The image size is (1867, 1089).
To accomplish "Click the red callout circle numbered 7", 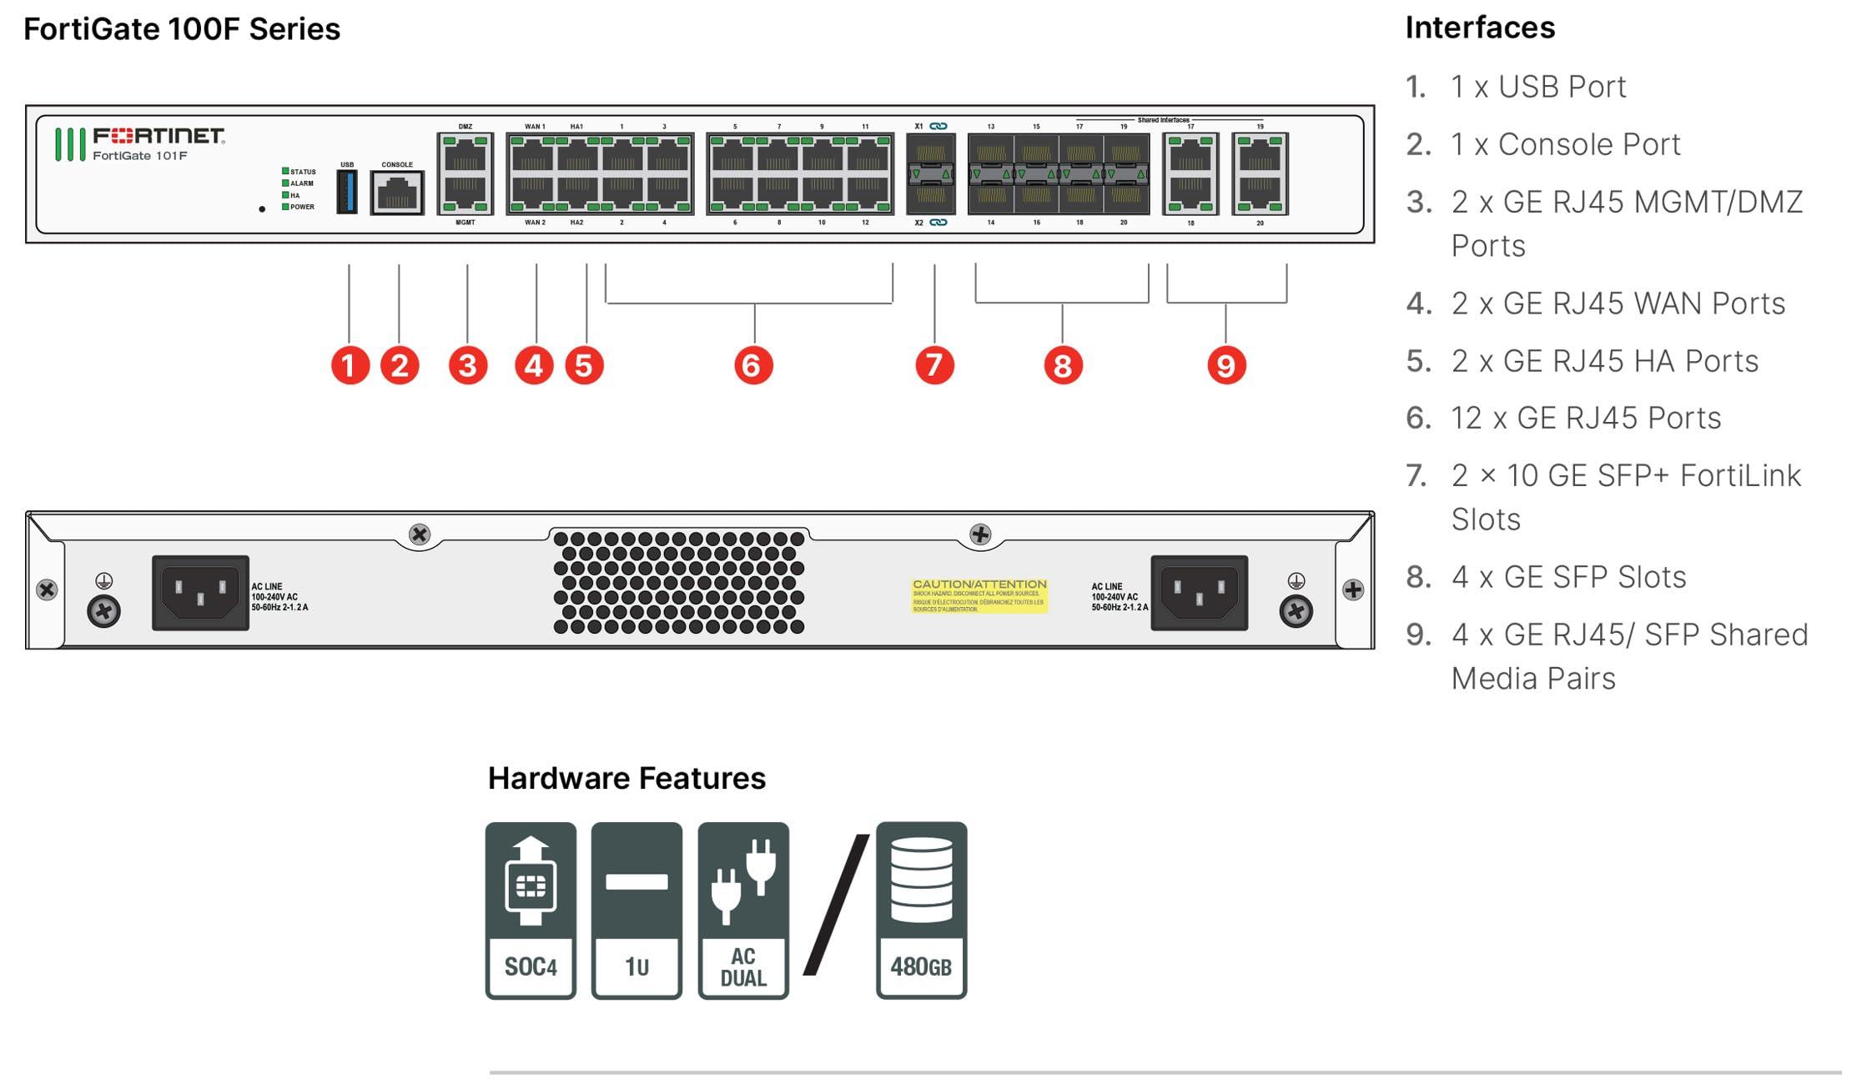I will coord(934,365).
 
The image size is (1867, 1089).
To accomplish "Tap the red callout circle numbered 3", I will coord(467,365).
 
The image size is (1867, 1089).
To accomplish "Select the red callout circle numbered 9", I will coord(1225,365).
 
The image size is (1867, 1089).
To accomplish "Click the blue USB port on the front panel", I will coord(347,192).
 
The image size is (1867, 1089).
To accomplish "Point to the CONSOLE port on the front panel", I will coord(397,193).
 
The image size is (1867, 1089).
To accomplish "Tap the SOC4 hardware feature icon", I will coord(531,910).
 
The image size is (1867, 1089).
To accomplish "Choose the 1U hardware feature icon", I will coord(637,910).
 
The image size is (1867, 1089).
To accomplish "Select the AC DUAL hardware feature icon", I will coord(743,910).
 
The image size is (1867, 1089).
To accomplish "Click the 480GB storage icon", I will coord(921,910).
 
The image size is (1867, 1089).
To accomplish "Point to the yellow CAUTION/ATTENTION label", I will coord(979,595).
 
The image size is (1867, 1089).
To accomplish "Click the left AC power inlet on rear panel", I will coord(200,593).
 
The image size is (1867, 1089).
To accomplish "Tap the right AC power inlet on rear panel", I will coord(1199,593).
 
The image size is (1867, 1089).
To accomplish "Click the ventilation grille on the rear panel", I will coord(678,581).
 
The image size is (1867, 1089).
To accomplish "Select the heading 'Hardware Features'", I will coord(627,778).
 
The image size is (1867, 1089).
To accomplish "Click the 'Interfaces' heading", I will coord(1480,28).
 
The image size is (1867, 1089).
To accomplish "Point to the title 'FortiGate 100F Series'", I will coord(182,29).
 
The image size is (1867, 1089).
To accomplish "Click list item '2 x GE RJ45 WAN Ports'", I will coord(1618,304).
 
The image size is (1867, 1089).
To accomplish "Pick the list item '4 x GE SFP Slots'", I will coord(1568,577).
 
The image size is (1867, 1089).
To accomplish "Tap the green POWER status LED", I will coord(285,207).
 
